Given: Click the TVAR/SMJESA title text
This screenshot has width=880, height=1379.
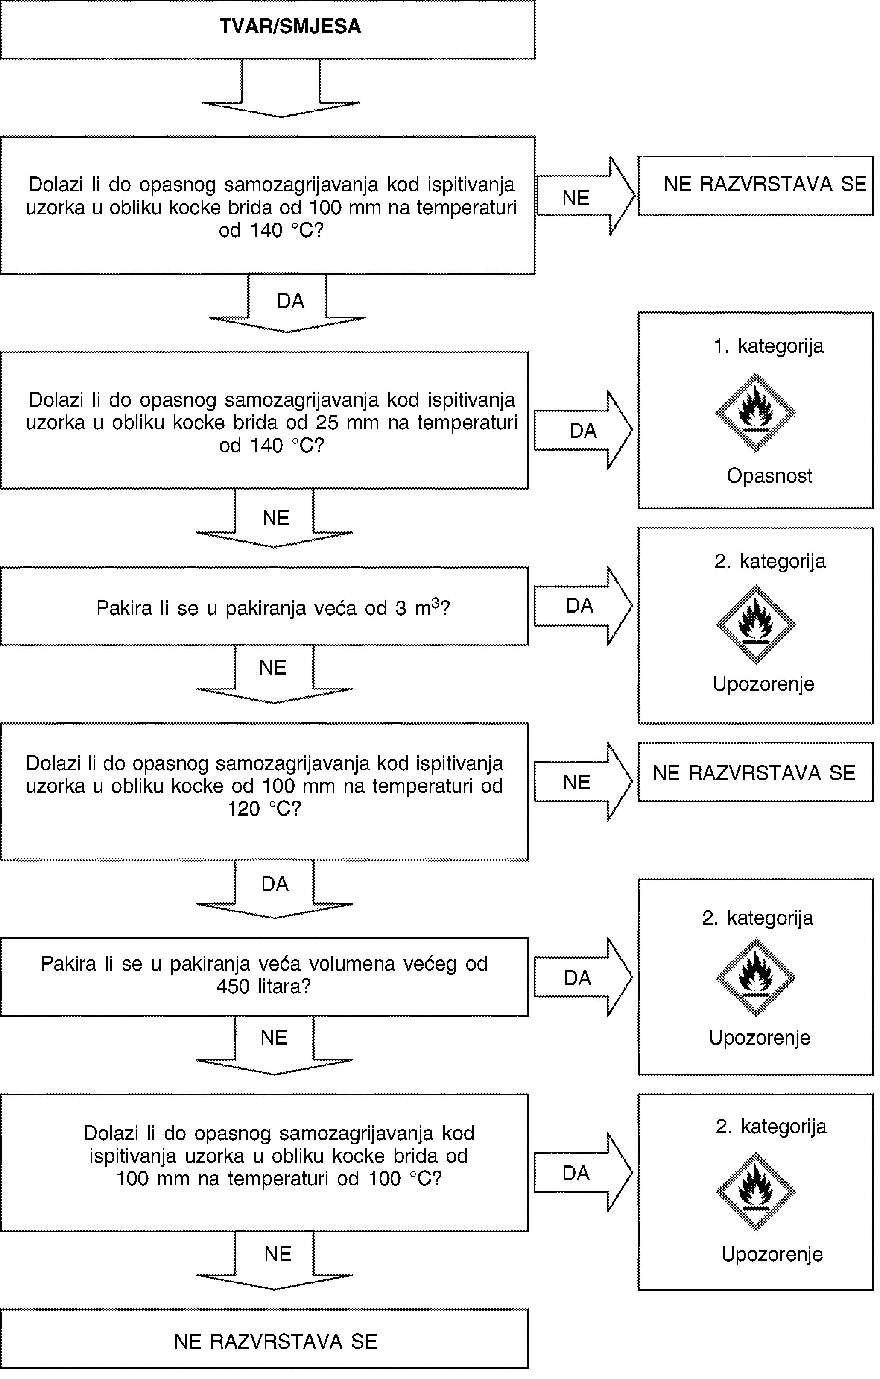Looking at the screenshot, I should [290, 27].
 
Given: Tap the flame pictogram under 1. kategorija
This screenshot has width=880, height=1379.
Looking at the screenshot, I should [756, 413].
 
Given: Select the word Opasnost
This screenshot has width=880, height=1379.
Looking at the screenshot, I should [769, 476].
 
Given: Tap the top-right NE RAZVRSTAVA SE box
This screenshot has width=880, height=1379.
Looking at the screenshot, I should [756, 185].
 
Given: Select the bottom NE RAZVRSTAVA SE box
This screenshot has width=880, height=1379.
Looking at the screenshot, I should [264, 1341].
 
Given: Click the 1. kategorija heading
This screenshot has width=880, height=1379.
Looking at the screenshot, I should [769, 346].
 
